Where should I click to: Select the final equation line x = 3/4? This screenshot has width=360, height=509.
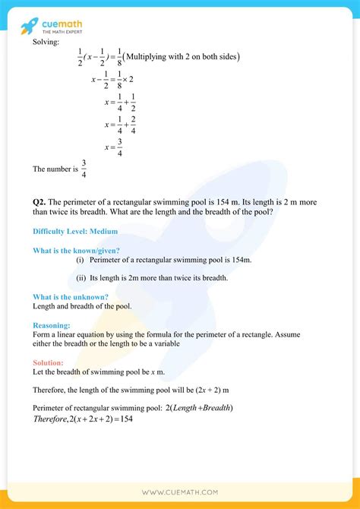click(x=115, y=148)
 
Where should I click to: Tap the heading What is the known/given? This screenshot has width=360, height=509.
click(x=77, y=250)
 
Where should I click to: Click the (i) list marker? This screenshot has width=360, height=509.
click(x=81, y=260)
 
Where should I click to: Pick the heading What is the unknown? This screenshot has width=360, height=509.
click(x=71, y=296)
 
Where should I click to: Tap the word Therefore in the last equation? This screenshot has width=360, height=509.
click(x=55, y=420)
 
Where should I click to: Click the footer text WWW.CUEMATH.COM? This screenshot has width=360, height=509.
click(x=180, y=494)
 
